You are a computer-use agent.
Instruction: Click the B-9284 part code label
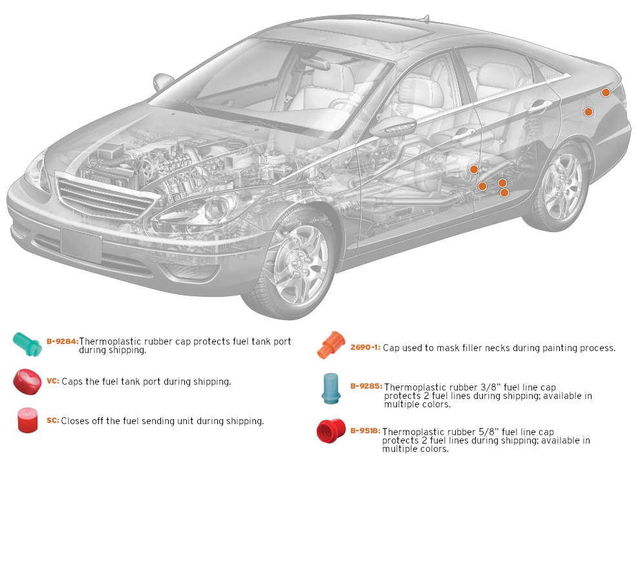[62, 341]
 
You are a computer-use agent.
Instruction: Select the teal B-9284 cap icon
[27, 343]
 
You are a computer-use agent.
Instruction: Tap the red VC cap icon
[27, 381]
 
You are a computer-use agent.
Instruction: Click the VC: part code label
[52, 382]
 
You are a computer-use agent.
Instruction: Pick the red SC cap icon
[27, 420]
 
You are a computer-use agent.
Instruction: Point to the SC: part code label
[52, 421]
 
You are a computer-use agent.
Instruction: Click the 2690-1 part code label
[365, 348]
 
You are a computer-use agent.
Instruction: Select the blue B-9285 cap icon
[332, 388]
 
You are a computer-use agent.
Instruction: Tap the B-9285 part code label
[366, 386]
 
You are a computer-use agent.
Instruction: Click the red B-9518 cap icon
[331, 431]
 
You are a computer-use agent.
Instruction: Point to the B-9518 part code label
[365, 430]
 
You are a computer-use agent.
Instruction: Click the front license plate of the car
[81, 244]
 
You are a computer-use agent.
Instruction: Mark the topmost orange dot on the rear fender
[606, 92]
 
